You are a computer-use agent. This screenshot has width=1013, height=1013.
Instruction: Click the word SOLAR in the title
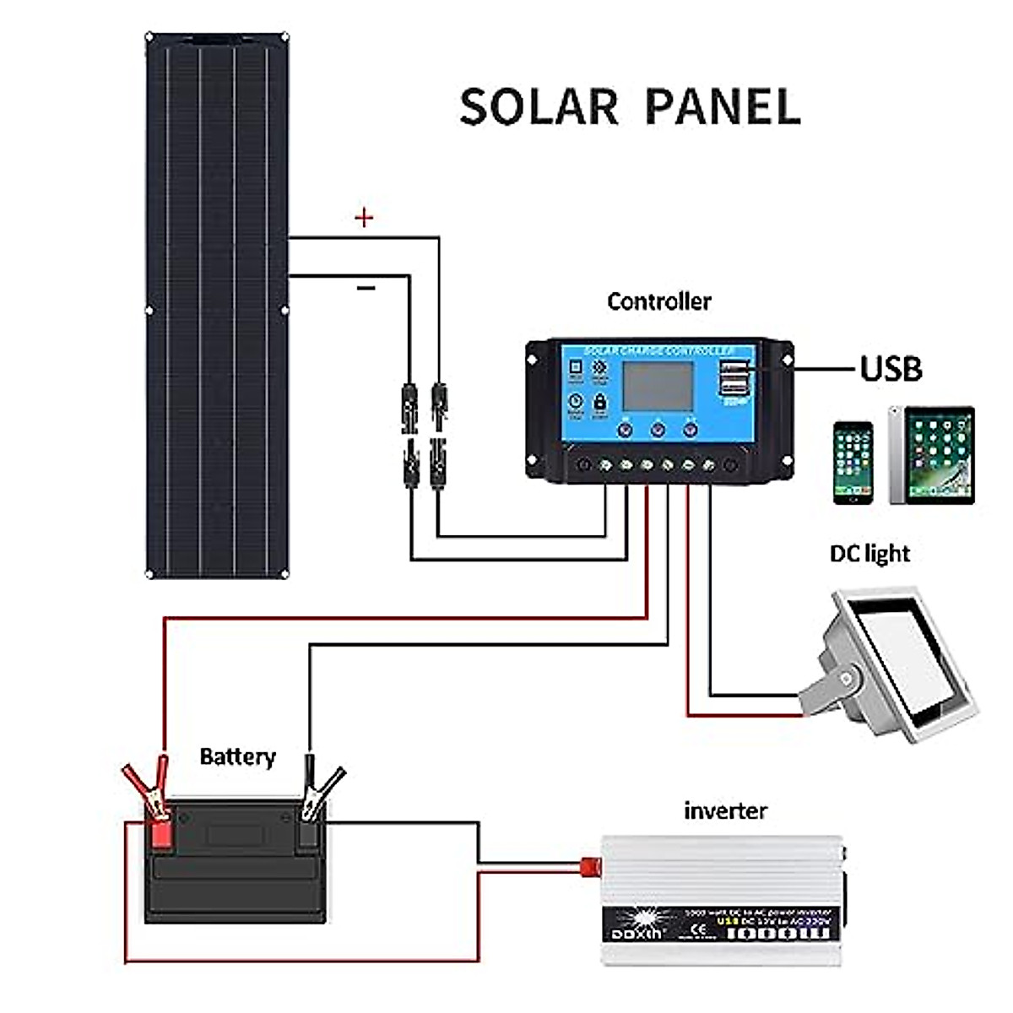[x=539, y=107]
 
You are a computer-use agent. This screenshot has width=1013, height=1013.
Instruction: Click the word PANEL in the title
[x=723, y=107]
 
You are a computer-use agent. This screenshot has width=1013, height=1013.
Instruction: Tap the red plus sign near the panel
[x=364, y=219]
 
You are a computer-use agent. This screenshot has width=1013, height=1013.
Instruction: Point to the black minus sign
[x=366, y=289]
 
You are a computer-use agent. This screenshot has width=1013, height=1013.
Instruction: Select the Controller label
[x=659, y=301]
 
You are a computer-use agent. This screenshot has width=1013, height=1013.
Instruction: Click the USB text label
[x=891, y=369]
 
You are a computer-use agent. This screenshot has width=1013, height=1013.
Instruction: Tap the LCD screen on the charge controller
[x=658, y=386]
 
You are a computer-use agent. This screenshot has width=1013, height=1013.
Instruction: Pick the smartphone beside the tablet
[x=853, y=462]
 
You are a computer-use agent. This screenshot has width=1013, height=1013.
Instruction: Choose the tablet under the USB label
[x=932, y=456]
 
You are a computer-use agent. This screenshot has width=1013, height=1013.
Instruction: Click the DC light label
[x=869, y=554]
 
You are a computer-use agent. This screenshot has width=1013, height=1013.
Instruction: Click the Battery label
[x=237, y=756]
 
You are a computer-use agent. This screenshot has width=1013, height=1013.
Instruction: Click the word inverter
[x=725, y=811]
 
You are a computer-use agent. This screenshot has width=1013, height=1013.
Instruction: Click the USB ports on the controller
[x=734, y=377]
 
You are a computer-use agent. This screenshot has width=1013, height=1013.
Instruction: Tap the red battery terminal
[x=159, y=832]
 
